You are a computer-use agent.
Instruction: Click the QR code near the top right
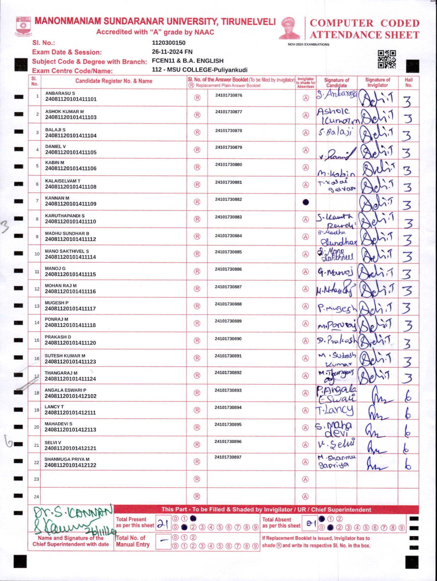pos(387,59)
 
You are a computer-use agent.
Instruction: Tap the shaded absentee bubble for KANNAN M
pos(306,202)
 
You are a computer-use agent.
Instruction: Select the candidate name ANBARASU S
pos(60,93)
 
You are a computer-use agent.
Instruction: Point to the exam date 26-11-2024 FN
pos(172,52)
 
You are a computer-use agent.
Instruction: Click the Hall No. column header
pos(408,82)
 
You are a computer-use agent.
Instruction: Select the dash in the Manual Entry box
pos(164,541)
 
